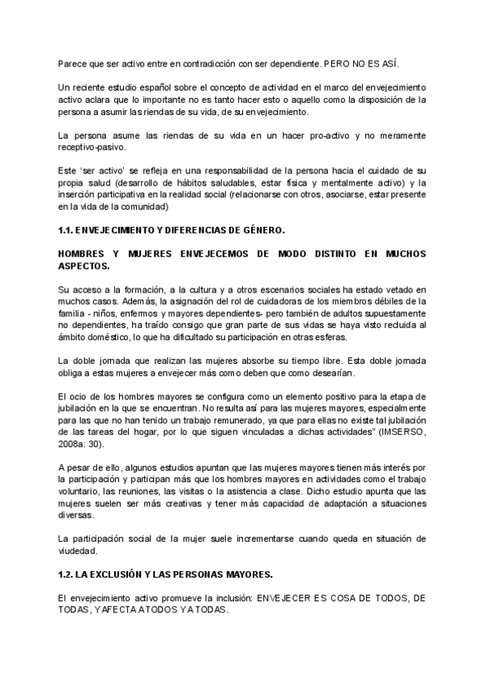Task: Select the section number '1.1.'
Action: (x=67, y=230)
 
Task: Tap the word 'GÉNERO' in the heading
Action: (x=261, y=230)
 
